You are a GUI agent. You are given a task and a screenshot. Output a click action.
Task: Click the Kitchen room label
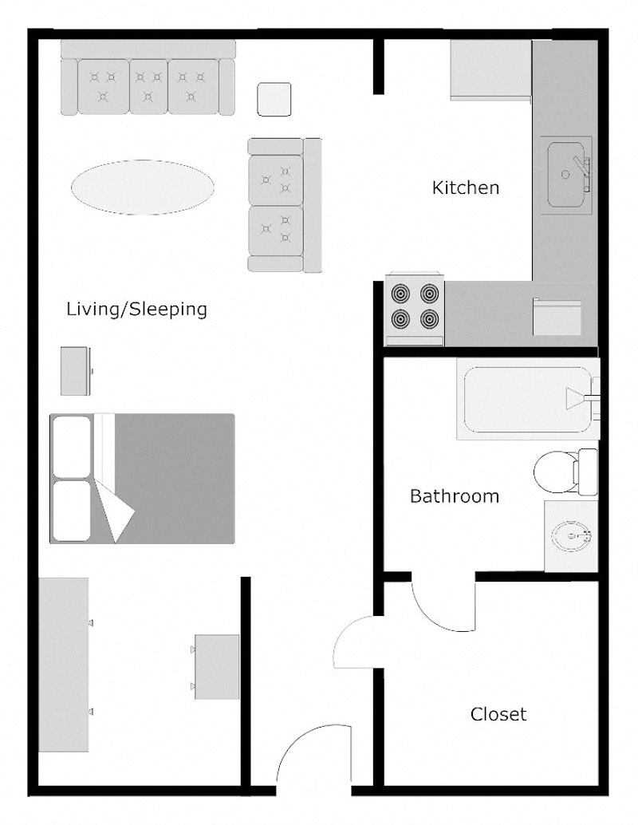click(466, 188)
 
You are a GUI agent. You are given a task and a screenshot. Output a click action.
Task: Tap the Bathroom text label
click(454, 496)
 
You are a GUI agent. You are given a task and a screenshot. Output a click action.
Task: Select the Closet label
click(498, 714)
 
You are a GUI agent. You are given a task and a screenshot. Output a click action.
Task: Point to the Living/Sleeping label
click(136, 309)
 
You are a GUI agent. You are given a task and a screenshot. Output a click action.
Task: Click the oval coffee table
click(142, 187)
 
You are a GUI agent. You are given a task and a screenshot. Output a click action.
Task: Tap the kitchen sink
click(567, 174)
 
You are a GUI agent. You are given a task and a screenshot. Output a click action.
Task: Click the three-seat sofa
click(148, 80)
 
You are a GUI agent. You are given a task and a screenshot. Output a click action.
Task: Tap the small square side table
click(274, 100)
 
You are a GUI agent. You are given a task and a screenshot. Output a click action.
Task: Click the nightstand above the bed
click(75, 371)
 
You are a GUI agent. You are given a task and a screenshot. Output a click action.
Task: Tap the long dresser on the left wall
click(64, 665)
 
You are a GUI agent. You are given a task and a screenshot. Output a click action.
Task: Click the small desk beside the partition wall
click(217, 667)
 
